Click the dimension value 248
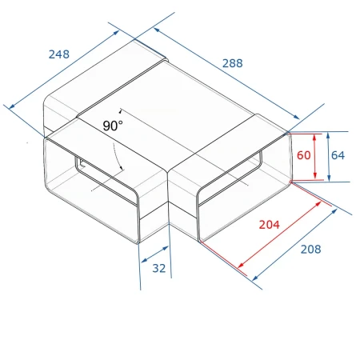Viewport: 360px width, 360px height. [59, 54]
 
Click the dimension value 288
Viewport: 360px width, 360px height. [233, 63]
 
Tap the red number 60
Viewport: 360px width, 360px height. [304, 155]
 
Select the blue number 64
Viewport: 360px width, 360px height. [338, 155]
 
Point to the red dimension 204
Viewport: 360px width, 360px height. [270, 225]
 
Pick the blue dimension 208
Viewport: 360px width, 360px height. [311, 249]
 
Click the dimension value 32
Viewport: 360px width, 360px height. [159, 268]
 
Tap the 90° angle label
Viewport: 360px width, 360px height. [113, 126]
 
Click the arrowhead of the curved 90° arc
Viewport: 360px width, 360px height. [122, 168]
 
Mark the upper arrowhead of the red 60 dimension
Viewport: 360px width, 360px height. [314, 137]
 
